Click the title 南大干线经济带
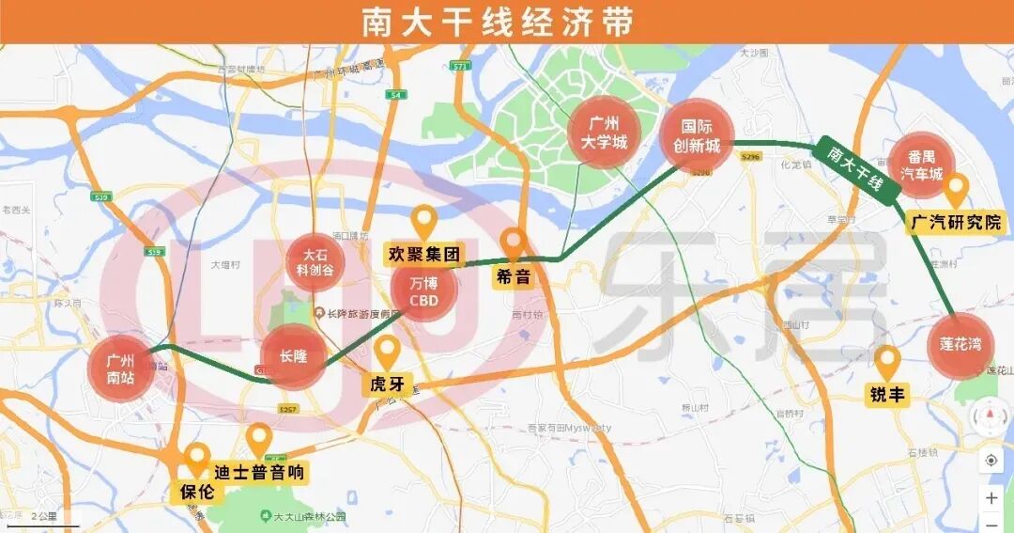coord(498,22)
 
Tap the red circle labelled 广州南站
coord(120,368)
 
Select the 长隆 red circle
coord(293,356)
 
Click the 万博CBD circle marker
coord(424,290)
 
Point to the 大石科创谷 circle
coord(316,261)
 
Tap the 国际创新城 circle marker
coord(696,136)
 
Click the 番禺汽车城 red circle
coord(921,165)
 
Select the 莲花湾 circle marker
coord(960,345)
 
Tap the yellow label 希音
coord(514,277)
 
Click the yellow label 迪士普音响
coord(259,472)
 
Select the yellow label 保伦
coord(196,491)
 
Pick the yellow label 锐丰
coord(886,395)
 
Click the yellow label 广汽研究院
coord(956,223)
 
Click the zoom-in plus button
coord(991,498)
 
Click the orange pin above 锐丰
coord(886,362)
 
